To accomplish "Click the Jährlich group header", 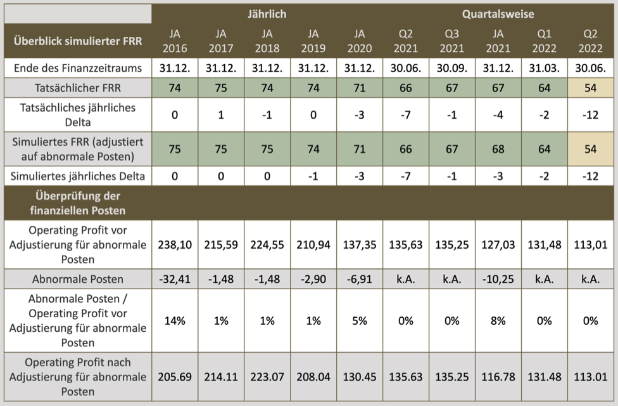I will pos(267,13).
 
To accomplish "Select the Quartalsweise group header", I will pos(498,13).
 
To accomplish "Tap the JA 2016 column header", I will pos(175,41).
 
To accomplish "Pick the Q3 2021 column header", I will pos(451,41).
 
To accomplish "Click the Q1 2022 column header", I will pos(544,41).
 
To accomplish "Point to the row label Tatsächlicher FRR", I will pos(78,88).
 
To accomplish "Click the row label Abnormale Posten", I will pos(78,278).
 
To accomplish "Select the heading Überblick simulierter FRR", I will pos(78,41).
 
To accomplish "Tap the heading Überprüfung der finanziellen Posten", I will pos(78,202).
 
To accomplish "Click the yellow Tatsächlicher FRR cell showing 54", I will pos(591,88).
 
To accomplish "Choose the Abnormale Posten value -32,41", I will pos(175,278).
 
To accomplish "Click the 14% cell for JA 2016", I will pos(175,320).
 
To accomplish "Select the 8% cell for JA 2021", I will pos(498,320).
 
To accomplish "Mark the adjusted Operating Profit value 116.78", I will pos(498,377).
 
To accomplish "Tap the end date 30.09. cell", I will pos(451,68).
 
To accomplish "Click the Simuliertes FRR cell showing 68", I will pos(498,149).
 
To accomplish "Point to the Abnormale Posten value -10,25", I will pos(498,278).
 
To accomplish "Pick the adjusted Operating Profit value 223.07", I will pos(267,377).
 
